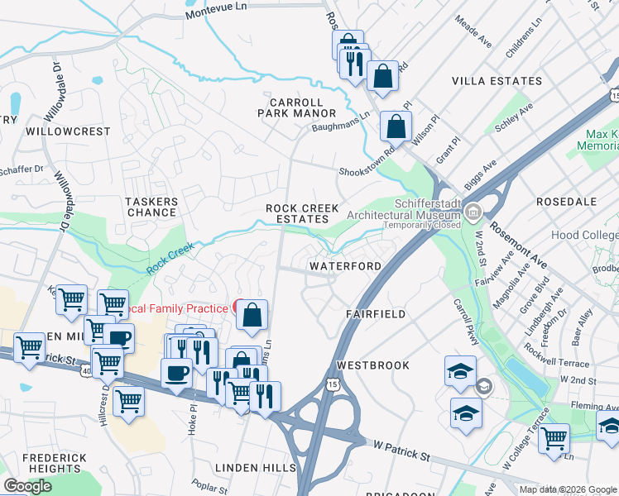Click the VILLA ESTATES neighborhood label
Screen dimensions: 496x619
pyautogui.click(x=497, y=81)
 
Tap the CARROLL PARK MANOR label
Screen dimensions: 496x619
pyautogui.click(x=296, y=107)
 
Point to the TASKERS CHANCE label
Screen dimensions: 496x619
pyautogui.click(x=151, y=207)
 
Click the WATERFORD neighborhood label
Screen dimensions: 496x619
pyautogui.click(x=345, y=266)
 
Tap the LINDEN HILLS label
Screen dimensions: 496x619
pyautogui.click(x=256, y=468)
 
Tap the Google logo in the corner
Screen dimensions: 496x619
pyautogui.click(x=27, y=486)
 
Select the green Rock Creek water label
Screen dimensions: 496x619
pyautogui.click(x=170, y=258)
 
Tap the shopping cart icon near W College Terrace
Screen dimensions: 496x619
pyautogui.click(x=554, y=438)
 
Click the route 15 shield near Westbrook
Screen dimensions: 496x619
pyautogui.click(x=333, y=384)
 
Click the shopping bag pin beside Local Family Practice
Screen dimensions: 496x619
pyautogui.click(x=252, y=315)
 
